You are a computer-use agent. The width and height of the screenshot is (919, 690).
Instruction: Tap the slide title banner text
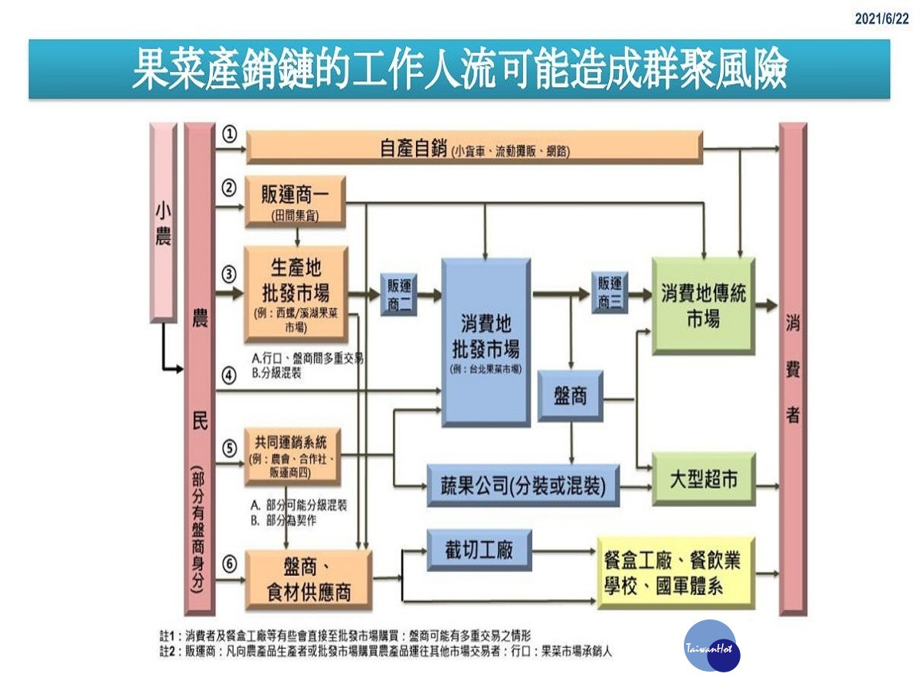click(x=459, y=70)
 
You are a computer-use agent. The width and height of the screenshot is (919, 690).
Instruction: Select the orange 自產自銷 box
click(x=474, y=147)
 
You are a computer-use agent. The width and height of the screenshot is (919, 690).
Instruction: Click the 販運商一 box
click(x=296, y=201)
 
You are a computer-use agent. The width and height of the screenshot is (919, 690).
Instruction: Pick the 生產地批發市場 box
click(x=296, y=293)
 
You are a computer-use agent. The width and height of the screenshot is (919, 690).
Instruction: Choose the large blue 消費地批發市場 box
click(x=486, y=342)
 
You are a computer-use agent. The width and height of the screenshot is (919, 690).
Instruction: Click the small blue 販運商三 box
click(x=610, y=292)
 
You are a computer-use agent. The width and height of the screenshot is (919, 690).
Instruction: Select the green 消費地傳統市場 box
click(x=703, y=305)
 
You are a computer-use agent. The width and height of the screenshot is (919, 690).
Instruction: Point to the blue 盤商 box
click(x=570, y=396)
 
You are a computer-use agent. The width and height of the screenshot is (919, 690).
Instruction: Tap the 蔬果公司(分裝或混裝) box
click(x=523, y=485)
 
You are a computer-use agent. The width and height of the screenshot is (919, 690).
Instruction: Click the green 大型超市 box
click(x=703, y=479)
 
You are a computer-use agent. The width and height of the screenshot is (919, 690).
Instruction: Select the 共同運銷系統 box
click(x=292, y=456)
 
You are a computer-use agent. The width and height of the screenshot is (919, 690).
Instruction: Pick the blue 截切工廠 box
click(x=479, y=550)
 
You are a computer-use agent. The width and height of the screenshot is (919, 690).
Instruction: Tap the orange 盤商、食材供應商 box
click(x=308, y=580)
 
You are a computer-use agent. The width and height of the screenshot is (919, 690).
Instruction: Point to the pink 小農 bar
click(x=163, y=222)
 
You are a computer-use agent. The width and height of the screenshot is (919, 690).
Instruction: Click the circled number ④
click(x=229, y=376)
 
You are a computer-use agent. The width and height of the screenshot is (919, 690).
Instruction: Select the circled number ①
click(x=229, y=134)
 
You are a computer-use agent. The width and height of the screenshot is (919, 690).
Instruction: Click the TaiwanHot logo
click(x=711, y=646)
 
